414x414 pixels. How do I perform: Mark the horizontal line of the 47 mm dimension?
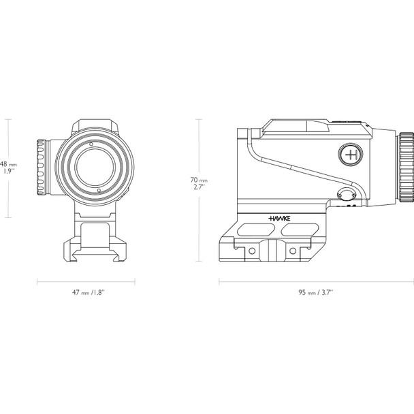(86, 281)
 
